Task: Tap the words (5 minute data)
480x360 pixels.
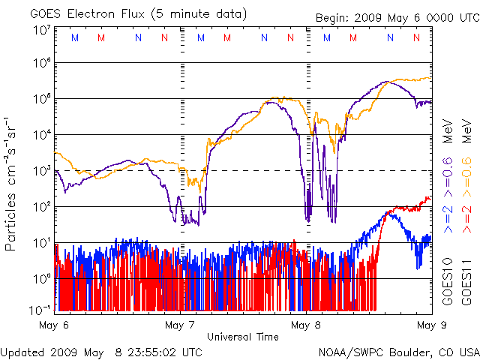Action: pyautogui.click(x=201, y=13)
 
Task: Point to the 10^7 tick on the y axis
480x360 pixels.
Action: pyautogui.click(x=42, y=31)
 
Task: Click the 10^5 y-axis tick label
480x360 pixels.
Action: pyautogui.click(x=42, y=99)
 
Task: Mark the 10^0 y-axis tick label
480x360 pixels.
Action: pyautogui.click(x=42, y=279)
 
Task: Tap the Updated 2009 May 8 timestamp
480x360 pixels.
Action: pyautogui.click(x=101, y=351)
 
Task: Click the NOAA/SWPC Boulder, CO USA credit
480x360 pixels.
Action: pyautogui.click(x=398, y=351)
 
